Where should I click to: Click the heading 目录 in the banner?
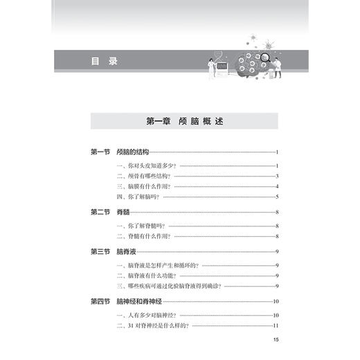coord(105,61)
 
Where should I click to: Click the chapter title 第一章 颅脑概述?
coord(183,121)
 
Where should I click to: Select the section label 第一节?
coord(101,152)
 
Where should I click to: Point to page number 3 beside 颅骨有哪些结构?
coord(276,176)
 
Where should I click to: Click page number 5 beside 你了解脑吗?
coord(276,197)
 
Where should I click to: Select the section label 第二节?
coord(101,212)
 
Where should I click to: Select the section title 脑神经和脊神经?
coord(141,301)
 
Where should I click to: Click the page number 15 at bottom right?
coord(275,339)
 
